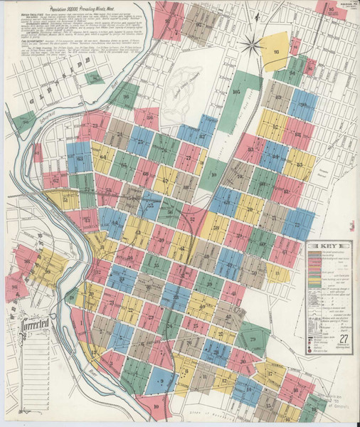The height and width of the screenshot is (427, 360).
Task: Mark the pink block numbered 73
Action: [95, 127]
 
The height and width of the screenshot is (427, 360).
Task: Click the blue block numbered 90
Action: [302, 105]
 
